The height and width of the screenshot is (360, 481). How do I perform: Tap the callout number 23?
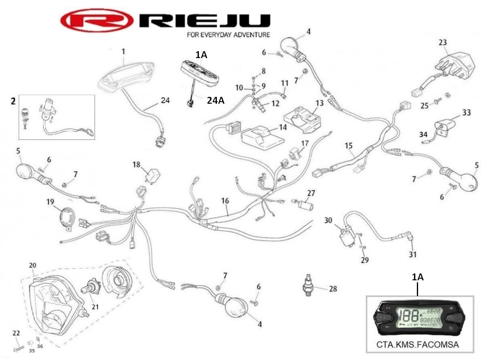[443, 42]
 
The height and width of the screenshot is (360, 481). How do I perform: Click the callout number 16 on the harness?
[226, 201]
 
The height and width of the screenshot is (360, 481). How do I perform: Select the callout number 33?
[466, 113]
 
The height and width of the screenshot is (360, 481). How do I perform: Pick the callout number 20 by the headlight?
[33, 265]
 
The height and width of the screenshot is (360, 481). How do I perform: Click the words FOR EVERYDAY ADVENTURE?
[228, 35]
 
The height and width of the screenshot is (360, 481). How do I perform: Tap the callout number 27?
[311, 193]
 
